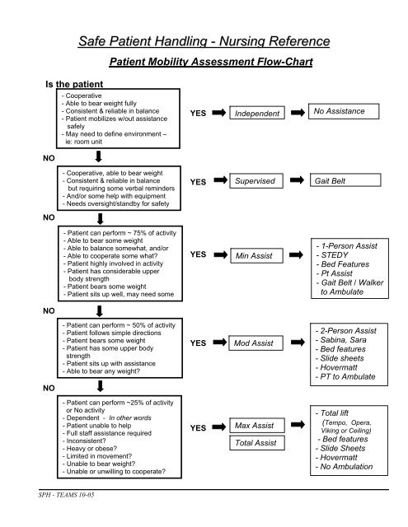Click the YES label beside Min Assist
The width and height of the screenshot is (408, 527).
click(198, 255)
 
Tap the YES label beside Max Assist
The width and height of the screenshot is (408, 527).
click(198, 428)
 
